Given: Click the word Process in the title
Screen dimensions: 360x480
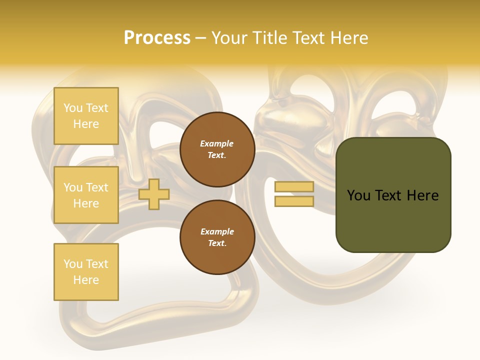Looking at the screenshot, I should click(157, 38).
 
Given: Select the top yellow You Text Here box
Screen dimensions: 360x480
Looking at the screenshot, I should click(86, 116).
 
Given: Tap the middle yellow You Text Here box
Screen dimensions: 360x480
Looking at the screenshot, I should click(86, 195).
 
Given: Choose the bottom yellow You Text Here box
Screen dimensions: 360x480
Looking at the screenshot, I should click(86, 272).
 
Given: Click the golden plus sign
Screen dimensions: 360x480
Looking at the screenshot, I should click(154, 194).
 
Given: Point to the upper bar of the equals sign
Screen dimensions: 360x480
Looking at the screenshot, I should click(294, 187).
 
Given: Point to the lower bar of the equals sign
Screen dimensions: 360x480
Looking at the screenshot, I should click(294, 201).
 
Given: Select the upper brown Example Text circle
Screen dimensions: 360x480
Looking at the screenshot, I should click(217, 149).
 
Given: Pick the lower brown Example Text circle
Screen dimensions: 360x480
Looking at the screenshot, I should click(217, 237).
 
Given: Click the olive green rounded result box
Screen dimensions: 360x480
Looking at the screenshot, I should click(393, 195).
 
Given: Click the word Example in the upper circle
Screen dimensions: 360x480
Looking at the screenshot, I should click(216, 143).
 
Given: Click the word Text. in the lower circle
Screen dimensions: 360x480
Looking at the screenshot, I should click(217, 243).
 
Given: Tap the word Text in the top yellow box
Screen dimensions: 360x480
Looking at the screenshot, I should click(97, 108).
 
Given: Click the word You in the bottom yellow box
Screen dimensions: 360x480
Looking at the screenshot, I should click(73, 264).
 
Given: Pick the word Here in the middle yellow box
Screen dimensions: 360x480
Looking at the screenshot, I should click(86, 203).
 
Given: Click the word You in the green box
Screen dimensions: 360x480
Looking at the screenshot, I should click(358, 195).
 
